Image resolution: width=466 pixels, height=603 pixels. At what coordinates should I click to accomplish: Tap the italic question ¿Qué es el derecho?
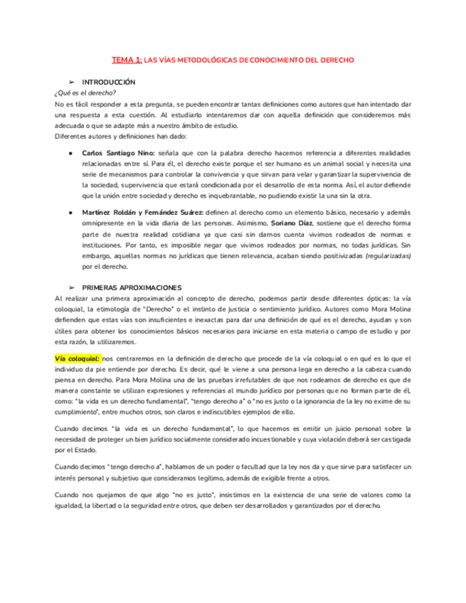click(x=85, y=93)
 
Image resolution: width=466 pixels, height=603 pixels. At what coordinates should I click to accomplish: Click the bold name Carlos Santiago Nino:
click(x=116, y=153)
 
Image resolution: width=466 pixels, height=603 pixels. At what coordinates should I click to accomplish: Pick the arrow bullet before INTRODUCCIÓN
click(x=71, y=82)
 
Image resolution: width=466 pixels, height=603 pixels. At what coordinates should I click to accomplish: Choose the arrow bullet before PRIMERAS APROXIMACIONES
click(x=71, y=287)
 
